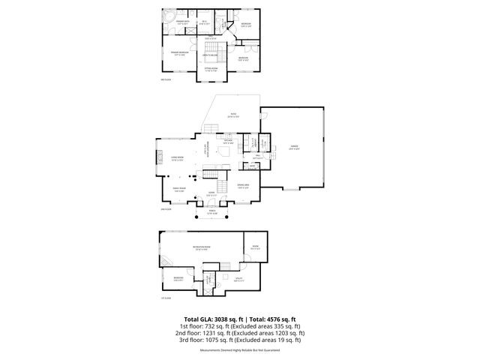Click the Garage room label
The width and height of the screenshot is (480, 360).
click(x=294, y=147)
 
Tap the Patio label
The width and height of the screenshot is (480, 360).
click(x=233, y=115)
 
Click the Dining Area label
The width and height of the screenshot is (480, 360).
click(x=243, y=187)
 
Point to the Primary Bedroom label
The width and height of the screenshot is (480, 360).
click(x=180, y=53)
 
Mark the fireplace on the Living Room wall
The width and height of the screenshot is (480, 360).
click(x=159, y=158)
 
